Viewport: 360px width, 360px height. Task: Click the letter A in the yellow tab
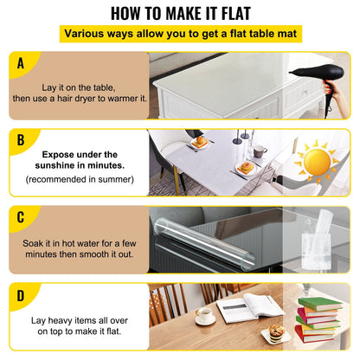click(x=21, y=63)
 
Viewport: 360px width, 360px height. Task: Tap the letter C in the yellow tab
click(x=21, y=216)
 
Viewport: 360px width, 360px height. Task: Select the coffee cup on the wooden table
click(x=204, y=316)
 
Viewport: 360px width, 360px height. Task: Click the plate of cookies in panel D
click(x=277, y=332)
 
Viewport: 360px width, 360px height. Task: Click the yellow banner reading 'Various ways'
click(x=179, y=35)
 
